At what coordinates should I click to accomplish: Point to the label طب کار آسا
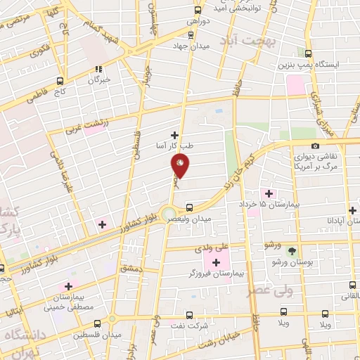[174, 146]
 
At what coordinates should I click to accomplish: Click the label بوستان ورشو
[292, 262]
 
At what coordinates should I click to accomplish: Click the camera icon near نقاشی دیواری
[314, 146]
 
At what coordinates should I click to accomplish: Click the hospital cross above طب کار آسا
[174, 134]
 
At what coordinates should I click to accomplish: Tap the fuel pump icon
[309, 53]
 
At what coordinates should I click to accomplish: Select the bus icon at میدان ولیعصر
[189, 207]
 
